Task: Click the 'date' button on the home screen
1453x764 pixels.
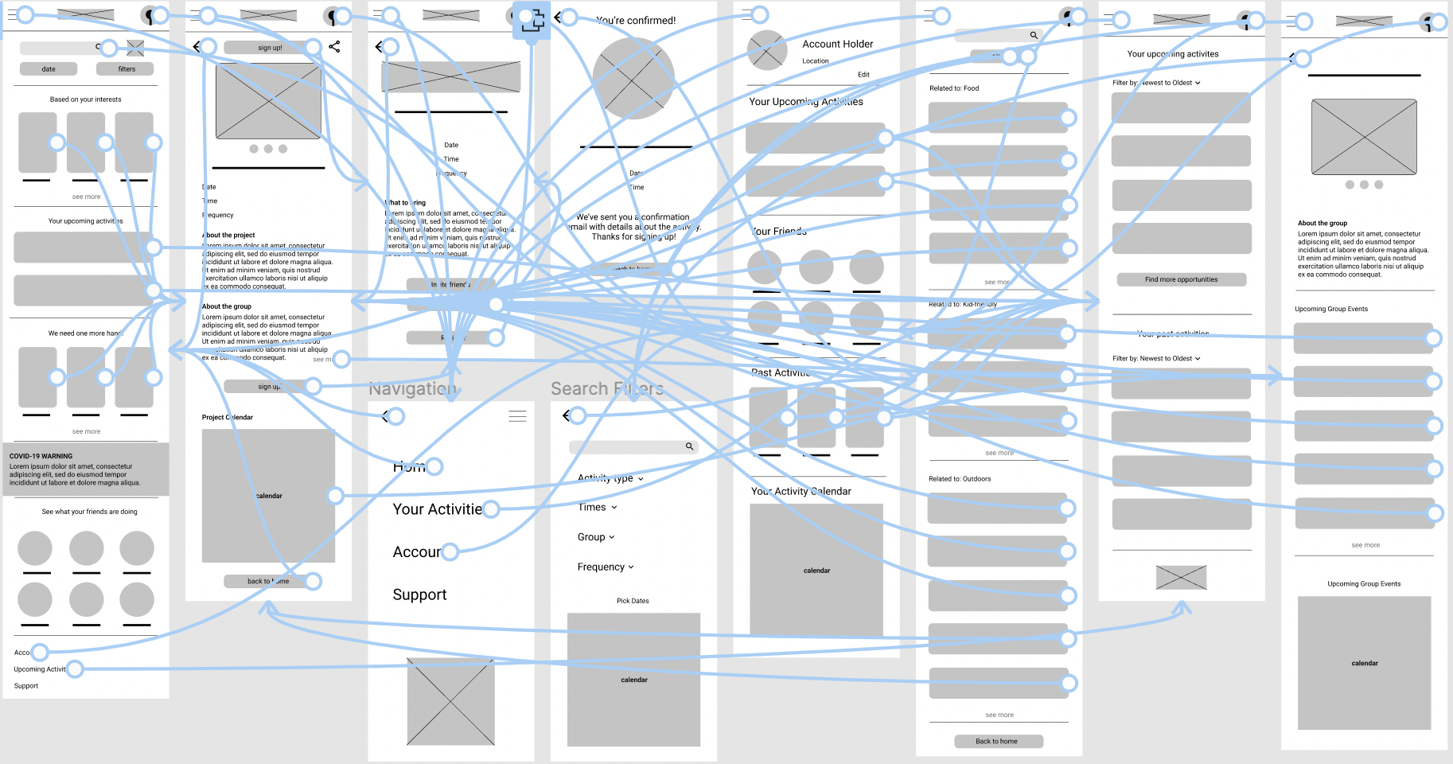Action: click(x=49, y=69)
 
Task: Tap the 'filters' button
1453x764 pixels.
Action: click(x=127, y=69)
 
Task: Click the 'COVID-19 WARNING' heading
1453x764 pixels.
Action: click(x=41, y=456)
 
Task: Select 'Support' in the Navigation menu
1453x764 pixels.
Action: click(x=419, y=594)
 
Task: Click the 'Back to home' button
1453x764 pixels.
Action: click(x=998, y=741)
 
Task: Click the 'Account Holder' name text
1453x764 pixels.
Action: click(x=837, y=44)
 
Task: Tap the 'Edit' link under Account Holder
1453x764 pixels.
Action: click(x=863, y=75)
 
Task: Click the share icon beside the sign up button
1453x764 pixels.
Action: click(x=334, y=47)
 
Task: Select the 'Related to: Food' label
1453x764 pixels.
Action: click(x=954, y=88)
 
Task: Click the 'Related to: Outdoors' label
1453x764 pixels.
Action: click(x=960, y=479)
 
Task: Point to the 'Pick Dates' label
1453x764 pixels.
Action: click(x=633, y=601)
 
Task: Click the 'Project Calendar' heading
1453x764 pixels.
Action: click(x=227, y=417)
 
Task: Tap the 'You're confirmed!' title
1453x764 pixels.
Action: click(x=636, y=21)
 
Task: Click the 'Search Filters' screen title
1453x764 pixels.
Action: click(x=606, y=388)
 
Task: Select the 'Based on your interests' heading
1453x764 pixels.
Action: click(x=85, y=99)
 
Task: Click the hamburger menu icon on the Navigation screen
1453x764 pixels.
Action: click(x=517, y=416)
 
